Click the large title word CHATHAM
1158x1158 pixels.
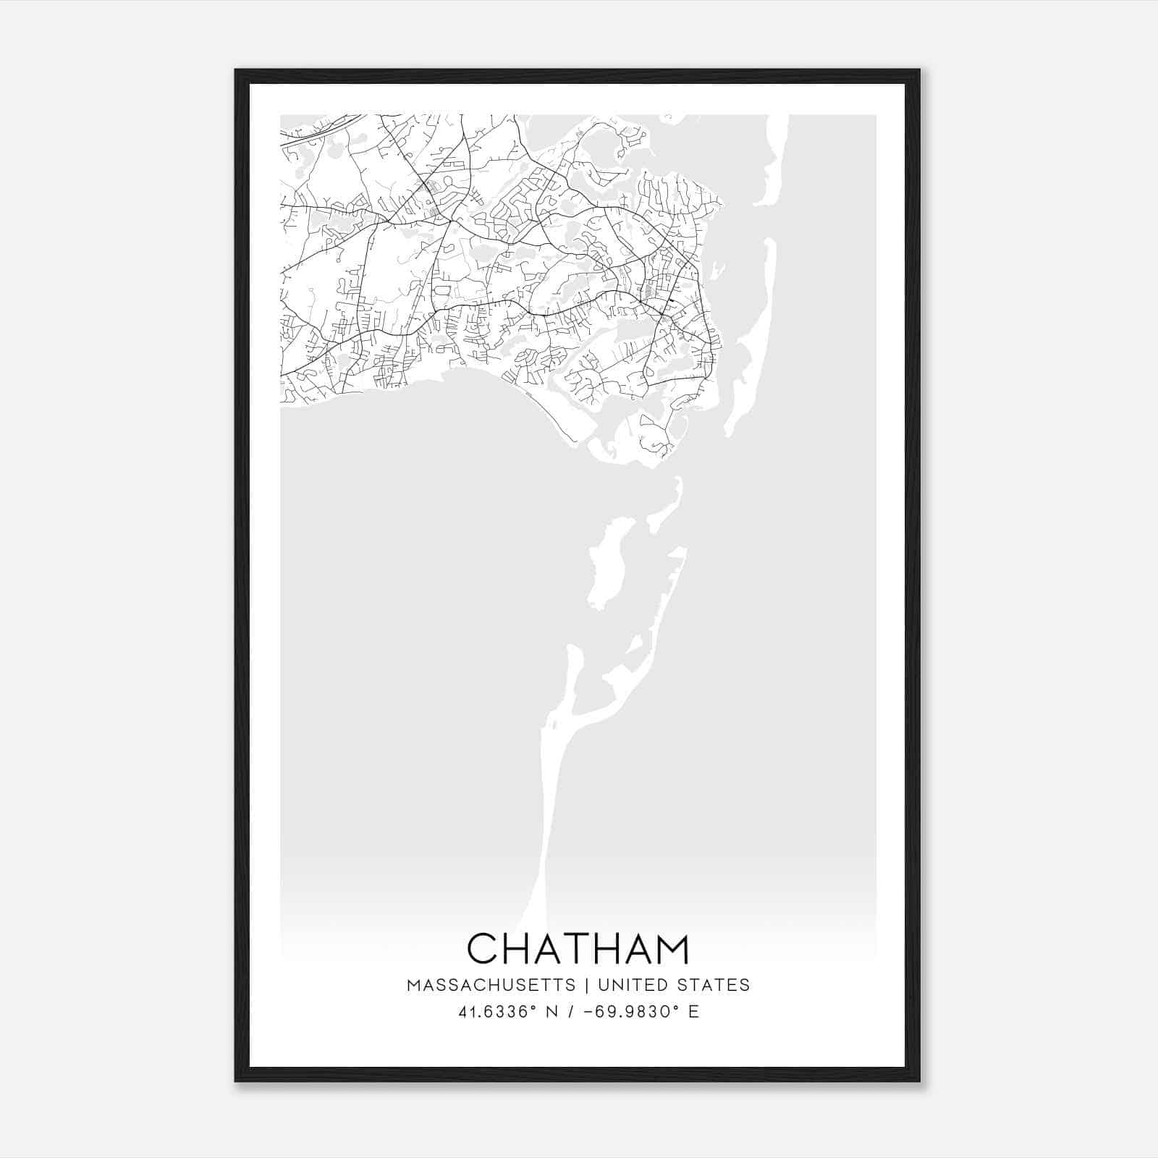click(578, 948)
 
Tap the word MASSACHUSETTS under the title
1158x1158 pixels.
click(491, 985)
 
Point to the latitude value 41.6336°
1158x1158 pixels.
click(497, 1011)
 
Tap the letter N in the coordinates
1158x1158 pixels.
click(551, 1011)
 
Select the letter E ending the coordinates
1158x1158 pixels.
click(694, 1011)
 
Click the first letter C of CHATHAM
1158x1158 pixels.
click(482, 948)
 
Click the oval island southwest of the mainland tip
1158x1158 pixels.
click(605, 565)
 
